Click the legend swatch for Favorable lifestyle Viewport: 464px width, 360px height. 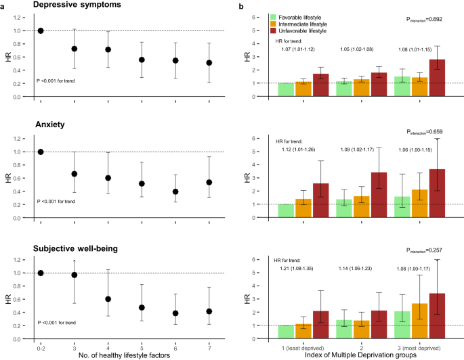pyautogui.click(x=272, y=16)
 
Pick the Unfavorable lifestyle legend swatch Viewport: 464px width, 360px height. pyautogui.click(x=272, y=30)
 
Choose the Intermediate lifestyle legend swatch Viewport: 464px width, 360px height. pyautogui.click(x=272, y=24)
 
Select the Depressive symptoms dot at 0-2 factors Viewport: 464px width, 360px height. pyautogui.click(x=41, y=30)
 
